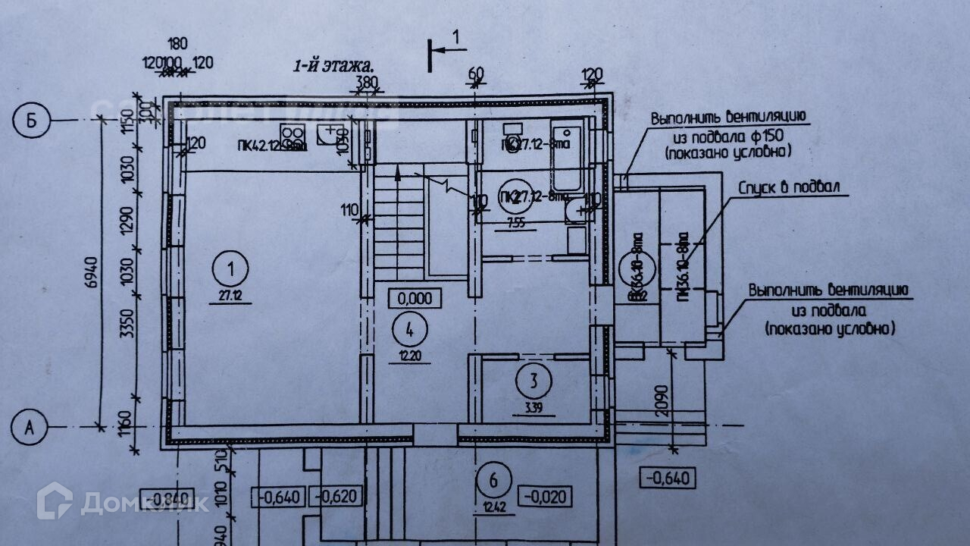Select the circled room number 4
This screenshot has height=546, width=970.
click(410, 329)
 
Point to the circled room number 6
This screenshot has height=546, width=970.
click(494, 479)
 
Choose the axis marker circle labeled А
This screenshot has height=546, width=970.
click(30, 428)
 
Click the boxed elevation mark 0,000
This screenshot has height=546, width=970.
click(415, 298)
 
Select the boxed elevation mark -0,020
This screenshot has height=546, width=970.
click(544, 497)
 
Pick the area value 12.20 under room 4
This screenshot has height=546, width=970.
click(410, 356)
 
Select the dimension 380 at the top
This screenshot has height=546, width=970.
click(367, 81)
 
